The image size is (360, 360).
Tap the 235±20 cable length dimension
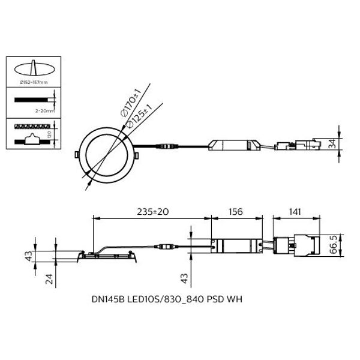click(x=152, y=211)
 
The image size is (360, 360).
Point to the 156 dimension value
click(x=236, y=211)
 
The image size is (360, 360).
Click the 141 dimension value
click(x=295, y=211)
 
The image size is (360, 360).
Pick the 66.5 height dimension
click(x=334, y=245)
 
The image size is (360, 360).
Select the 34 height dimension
click(x=332, y=144)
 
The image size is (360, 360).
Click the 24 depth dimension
click(x=49, y=279)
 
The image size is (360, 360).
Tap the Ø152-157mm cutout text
click(x=34, y=82)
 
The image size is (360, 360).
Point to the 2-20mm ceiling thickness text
click(x=45, y=111)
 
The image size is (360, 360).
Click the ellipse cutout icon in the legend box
click(x=34, y=68)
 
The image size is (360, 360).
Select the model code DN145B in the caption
click(x=108, y=299)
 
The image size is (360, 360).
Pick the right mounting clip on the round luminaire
click(x=136, y=155)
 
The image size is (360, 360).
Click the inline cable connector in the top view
click(x=167, y=146)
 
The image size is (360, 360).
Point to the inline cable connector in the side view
click(x=166, y=247)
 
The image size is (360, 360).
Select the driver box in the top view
click(x=234, y=145)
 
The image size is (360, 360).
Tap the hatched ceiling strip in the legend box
click(x=32, y=126)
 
